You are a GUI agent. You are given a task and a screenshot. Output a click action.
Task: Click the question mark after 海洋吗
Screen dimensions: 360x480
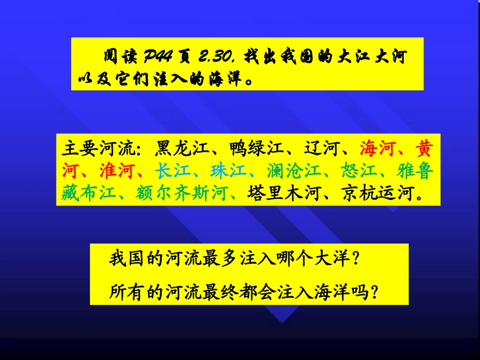(374, 291)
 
